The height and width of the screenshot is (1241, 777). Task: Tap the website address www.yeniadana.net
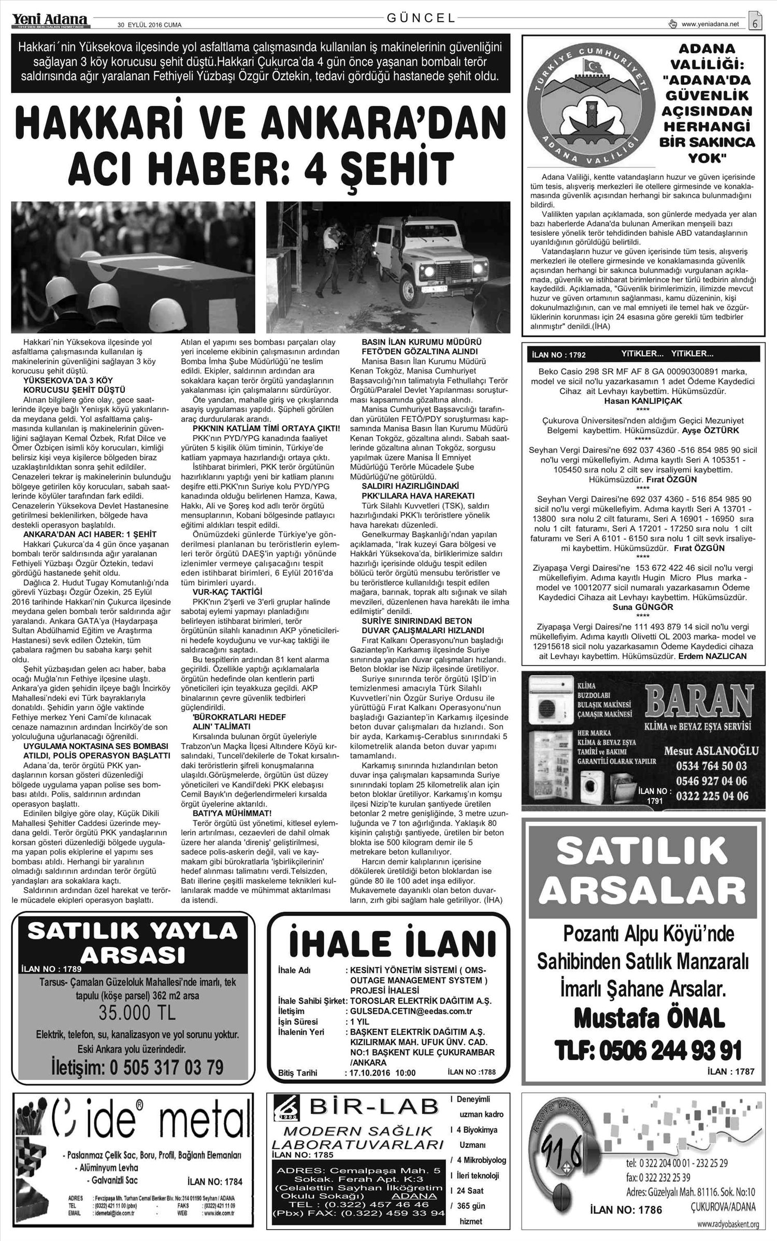pos(710,24)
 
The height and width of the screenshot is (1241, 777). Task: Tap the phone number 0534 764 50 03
pos(712,765)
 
